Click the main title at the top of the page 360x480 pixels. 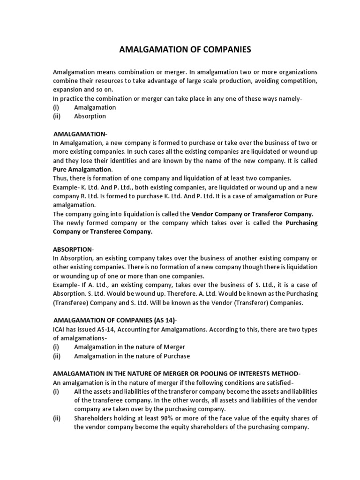point(182,49)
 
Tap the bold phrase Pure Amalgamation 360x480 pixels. point(82,169)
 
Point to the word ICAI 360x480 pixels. point(60,330)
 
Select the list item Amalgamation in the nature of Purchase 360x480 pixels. point(132,356)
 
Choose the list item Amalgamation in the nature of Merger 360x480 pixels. point(129,347)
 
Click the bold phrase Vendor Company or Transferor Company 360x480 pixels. point(252,214)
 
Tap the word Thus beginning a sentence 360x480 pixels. point(60,178)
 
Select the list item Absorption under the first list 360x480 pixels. point(90,116)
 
